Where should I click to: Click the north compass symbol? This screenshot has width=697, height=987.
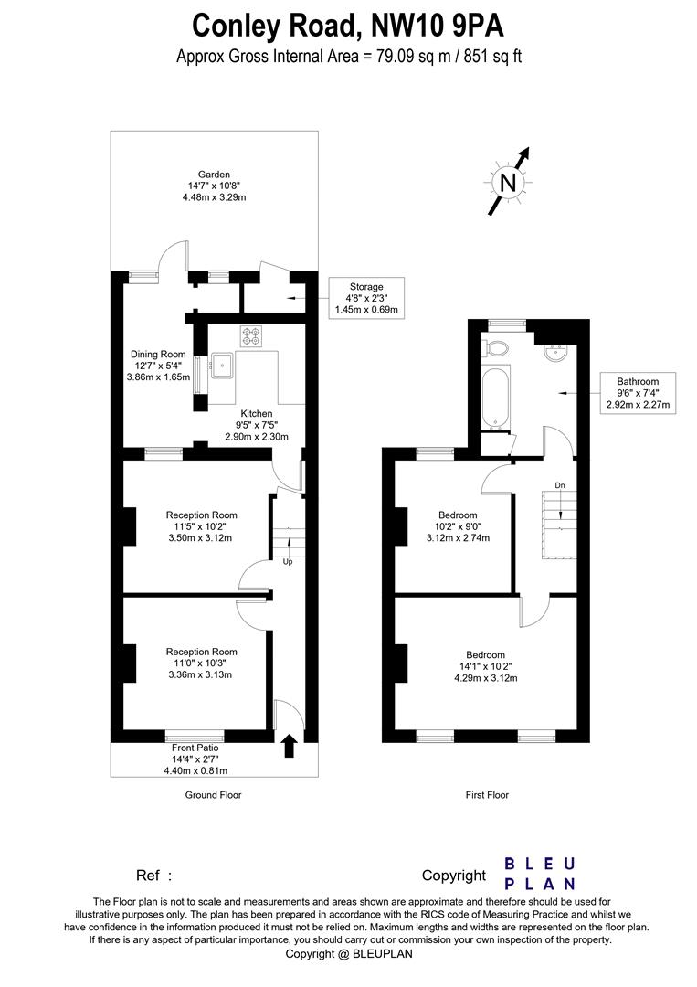pos(508,183)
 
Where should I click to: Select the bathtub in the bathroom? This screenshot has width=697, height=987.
pos(494,398)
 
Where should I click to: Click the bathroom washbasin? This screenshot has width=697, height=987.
pos(554,352)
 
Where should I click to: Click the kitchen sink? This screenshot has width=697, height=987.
pos(222,366)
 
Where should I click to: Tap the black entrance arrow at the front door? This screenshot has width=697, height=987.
pos(290,746)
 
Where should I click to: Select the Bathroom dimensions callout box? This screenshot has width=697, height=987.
pos(637,393)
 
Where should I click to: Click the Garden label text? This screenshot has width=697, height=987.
pos(215,175)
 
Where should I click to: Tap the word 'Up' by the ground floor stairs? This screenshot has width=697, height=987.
pos(288,561)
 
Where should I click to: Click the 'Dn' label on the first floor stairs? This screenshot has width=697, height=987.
pos(559,485)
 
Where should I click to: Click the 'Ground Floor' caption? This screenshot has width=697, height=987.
pos(213,795)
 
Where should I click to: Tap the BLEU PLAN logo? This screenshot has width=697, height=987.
pos(541,874)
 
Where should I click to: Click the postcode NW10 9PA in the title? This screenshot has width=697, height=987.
pos(448,24)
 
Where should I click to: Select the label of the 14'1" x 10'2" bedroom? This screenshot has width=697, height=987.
pos(485,654)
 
